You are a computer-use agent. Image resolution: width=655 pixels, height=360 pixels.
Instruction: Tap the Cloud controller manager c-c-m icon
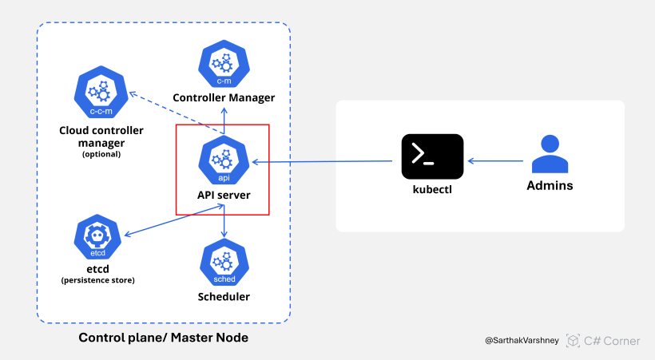(101, 93)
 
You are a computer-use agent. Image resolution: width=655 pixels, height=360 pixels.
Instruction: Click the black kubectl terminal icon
(432, 156)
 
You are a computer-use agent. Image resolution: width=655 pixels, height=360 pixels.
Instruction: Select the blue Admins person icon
(550, 155)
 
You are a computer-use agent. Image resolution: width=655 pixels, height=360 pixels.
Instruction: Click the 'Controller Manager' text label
(224, 97)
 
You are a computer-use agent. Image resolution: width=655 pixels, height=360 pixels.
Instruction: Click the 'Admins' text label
(550, 186)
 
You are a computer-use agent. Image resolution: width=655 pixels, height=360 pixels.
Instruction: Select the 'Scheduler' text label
(224, 297)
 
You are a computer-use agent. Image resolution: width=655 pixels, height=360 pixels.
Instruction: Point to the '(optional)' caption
(101, 154)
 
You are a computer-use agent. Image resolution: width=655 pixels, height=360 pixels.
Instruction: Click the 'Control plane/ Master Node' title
(163, 338)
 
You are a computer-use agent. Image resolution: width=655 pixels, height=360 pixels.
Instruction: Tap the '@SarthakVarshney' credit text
(522, 341)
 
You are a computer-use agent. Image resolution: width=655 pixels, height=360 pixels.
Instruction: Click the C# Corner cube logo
(573, 341)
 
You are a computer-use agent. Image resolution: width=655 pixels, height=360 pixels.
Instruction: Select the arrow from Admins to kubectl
(495, 161)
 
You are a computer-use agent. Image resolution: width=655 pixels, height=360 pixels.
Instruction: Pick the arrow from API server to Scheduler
(224, 221)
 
